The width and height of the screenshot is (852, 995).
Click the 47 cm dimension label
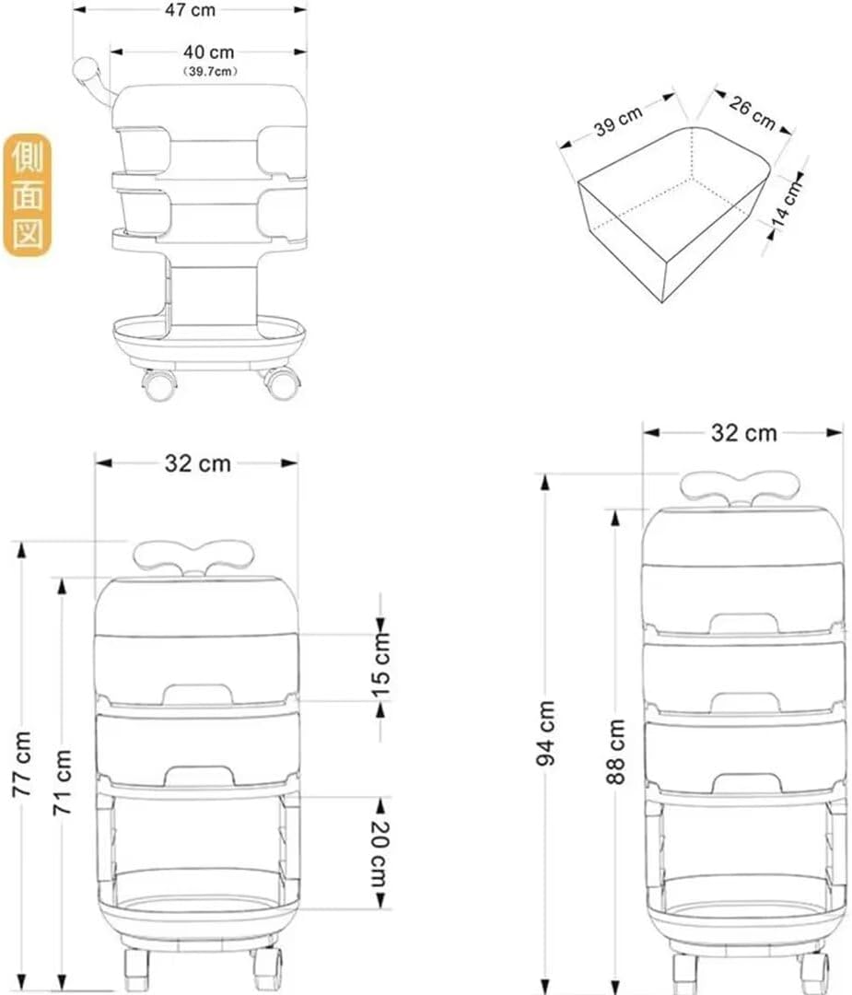190,10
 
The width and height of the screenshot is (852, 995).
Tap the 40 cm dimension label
209,52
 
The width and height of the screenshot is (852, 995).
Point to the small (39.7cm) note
209,71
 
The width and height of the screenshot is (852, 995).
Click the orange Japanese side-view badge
28,194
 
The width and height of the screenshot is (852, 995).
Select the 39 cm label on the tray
618,121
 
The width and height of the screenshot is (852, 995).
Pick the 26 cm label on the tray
753,111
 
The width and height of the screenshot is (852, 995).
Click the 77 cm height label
23,764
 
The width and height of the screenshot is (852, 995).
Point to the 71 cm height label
63,782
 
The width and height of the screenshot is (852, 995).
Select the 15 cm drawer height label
380,666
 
